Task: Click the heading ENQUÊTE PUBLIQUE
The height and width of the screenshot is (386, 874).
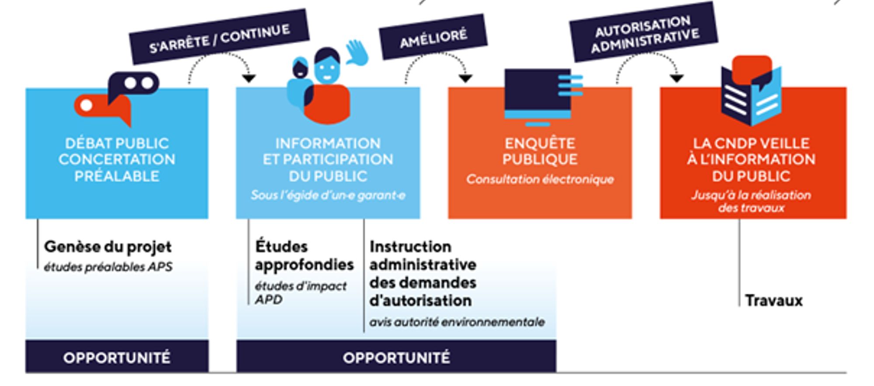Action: tap(540, 151)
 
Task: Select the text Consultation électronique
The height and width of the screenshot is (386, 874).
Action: tap(540, 179)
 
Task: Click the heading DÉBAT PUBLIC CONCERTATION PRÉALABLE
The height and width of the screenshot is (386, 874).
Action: tap(117, 160)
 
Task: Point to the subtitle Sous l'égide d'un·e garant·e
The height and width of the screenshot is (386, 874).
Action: tap(328, 195)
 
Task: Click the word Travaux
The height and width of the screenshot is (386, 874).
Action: tap(773, 301)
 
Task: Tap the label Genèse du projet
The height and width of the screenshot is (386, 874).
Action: tap(108, 247)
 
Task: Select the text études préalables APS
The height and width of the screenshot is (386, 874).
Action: tap(108, 267)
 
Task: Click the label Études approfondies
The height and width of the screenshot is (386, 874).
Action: tap(304, 256)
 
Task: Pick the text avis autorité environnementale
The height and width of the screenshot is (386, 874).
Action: tap(457, 322)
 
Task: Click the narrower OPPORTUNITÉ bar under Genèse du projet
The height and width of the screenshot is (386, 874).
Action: tap(117, 357)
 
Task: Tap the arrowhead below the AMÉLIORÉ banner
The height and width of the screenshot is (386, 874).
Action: tap(465, 79)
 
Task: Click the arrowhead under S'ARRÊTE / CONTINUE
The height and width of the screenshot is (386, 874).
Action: tap(249, 79)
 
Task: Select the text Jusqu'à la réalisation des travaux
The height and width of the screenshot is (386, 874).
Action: tap(751, 201)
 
